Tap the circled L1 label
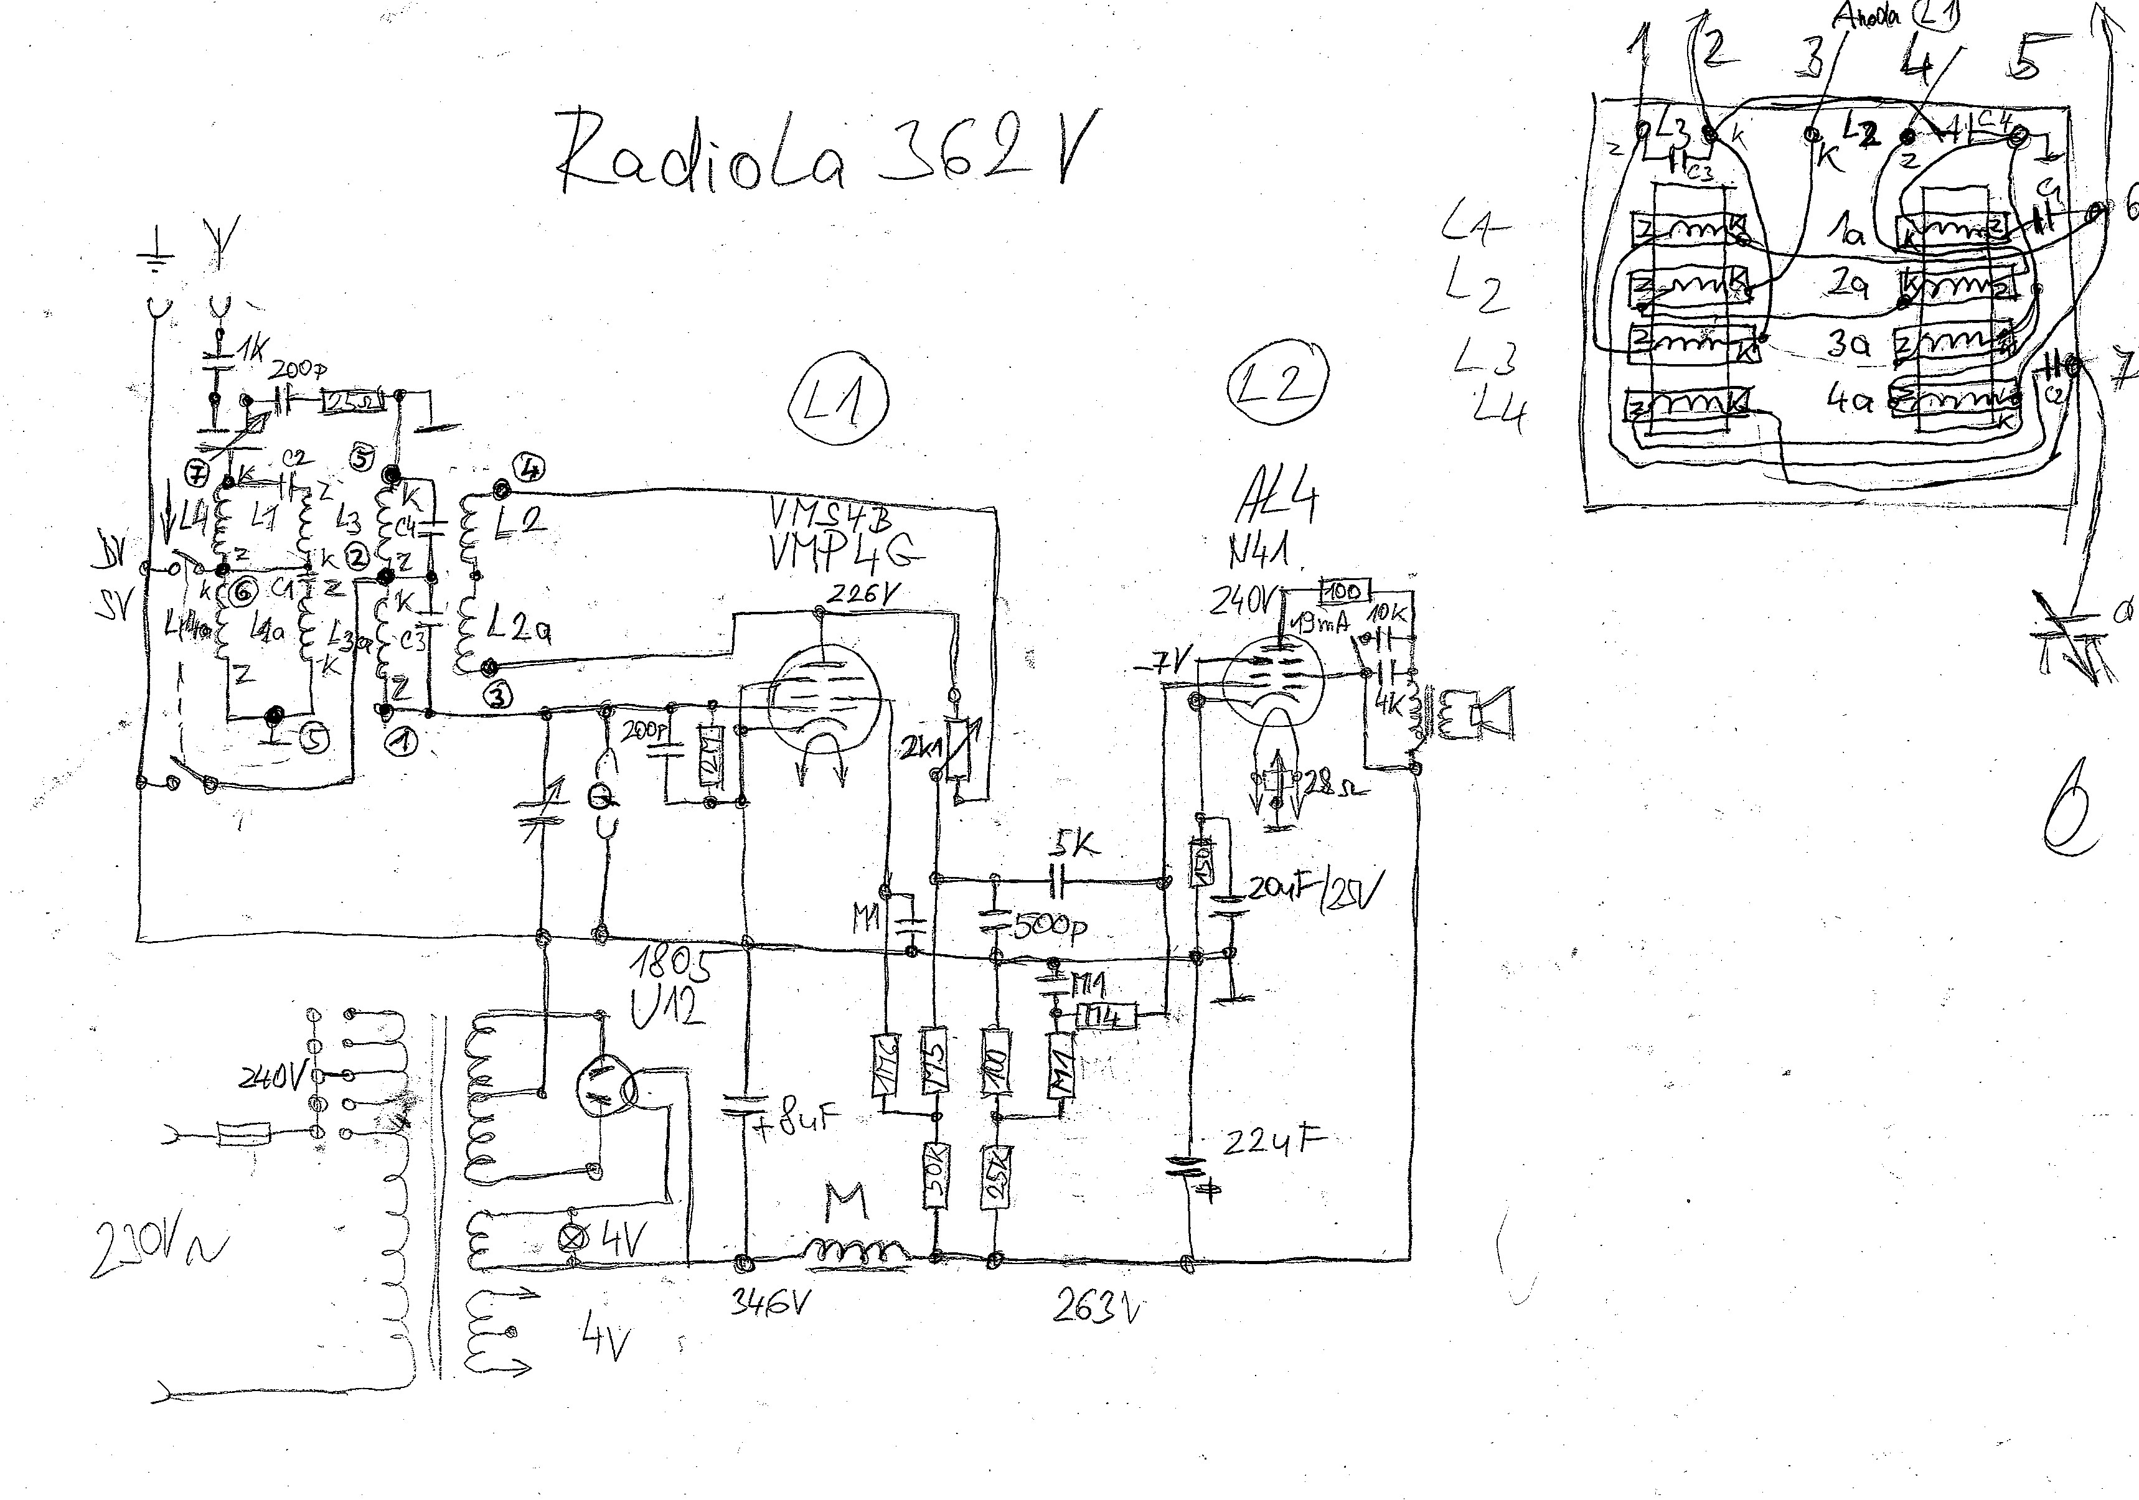(x=839, y=403)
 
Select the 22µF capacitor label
(x=1272, y=1142)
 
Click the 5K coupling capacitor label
(x=1074, y=845)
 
